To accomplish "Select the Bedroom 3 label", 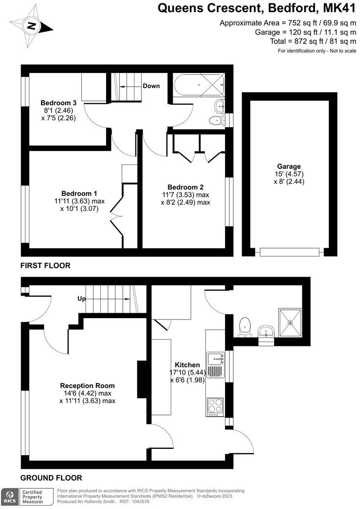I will coord(58,103).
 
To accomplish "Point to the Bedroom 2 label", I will coord(185,187).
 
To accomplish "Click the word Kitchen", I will coord(187,365).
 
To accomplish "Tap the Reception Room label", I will coord(88,386).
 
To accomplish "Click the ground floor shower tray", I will coord(290,323).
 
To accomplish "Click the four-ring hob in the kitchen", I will coord(215,406).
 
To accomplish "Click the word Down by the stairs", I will coord(151,86).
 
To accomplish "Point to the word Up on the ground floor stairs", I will coord(82,298).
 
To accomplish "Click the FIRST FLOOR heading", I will coord(45,266).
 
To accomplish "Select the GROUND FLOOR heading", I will coord(51,478).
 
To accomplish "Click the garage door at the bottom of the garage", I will coord(289,253).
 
